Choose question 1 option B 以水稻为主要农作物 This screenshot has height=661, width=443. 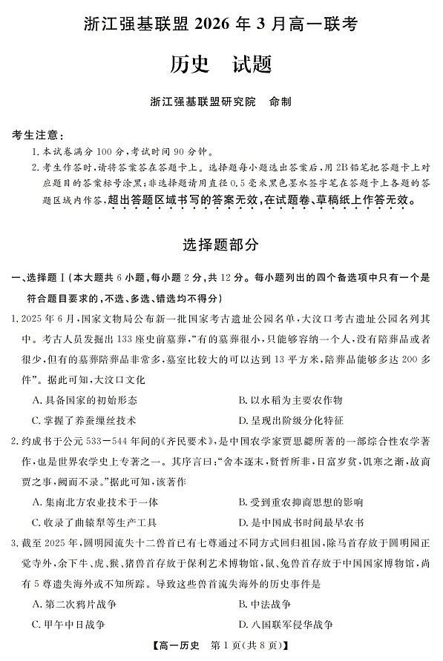pyautogui.click(x=290, y=400)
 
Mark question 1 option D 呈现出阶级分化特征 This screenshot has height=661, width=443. pyautogui.click(x=290, y=420)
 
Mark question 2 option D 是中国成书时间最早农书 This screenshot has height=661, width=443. pyautogui.click(x=300, y=522)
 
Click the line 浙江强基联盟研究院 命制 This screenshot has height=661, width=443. pyautogui.click(x=221, y=102)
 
